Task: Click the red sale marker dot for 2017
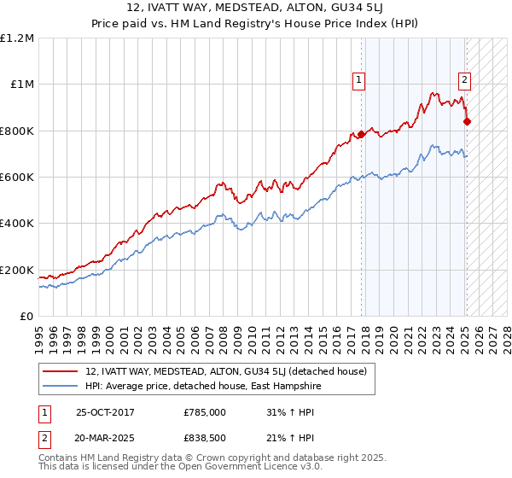[x=361, y=134]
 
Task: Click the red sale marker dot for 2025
[x=467, y=121]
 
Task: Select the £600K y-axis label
[x=18, y=178]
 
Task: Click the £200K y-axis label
[x=18, y=271]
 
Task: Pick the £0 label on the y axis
[x=26, y=317]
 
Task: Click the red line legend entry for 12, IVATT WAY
[x=225, y=370]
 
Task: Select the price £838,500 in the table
[x=204, y=439]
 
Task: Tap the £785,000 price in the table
[x=204, y=413]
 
